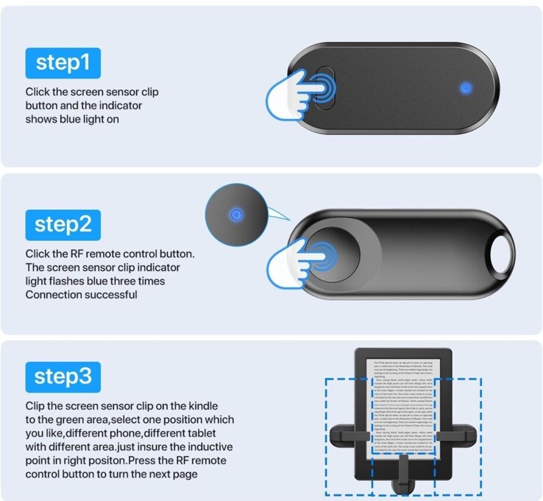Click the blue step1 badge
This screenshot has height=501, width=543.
click(63, 63)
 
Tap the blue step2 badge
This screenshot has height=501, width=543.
click(63, 224)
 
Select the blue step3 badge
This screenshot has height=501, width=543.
click(63, 378)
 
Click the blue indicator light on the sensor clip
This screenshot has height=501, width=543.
click(465, 88)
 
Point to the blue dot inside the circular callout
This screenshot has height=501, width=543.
click(235, 215)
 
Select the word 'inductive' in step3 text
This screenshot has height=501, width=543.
click(209, 447)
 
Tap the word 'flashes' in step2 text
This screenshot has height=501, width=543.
click(66, 281)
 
